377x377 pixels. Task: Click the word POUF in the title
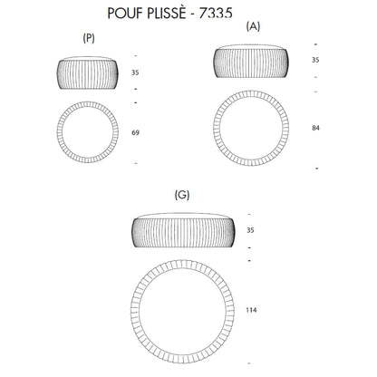[125, 14]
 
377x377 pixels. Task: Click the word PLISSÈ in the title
[166, 13]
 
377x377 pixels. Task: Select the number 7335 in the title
[216, 14]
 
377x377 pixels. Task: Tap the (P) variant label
[89, 38]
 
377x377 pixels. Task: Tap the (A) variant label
[253, 26]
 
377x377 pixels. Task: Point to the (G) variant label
[182, 195]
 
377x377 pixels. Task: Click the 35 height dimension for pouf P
[135, 72]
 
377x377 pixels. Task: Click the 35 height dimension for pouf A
[315, 60]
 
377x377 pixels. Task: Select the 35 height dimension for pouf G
[250, 230]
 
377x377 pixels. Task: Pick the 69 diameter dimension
[135, 132]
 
